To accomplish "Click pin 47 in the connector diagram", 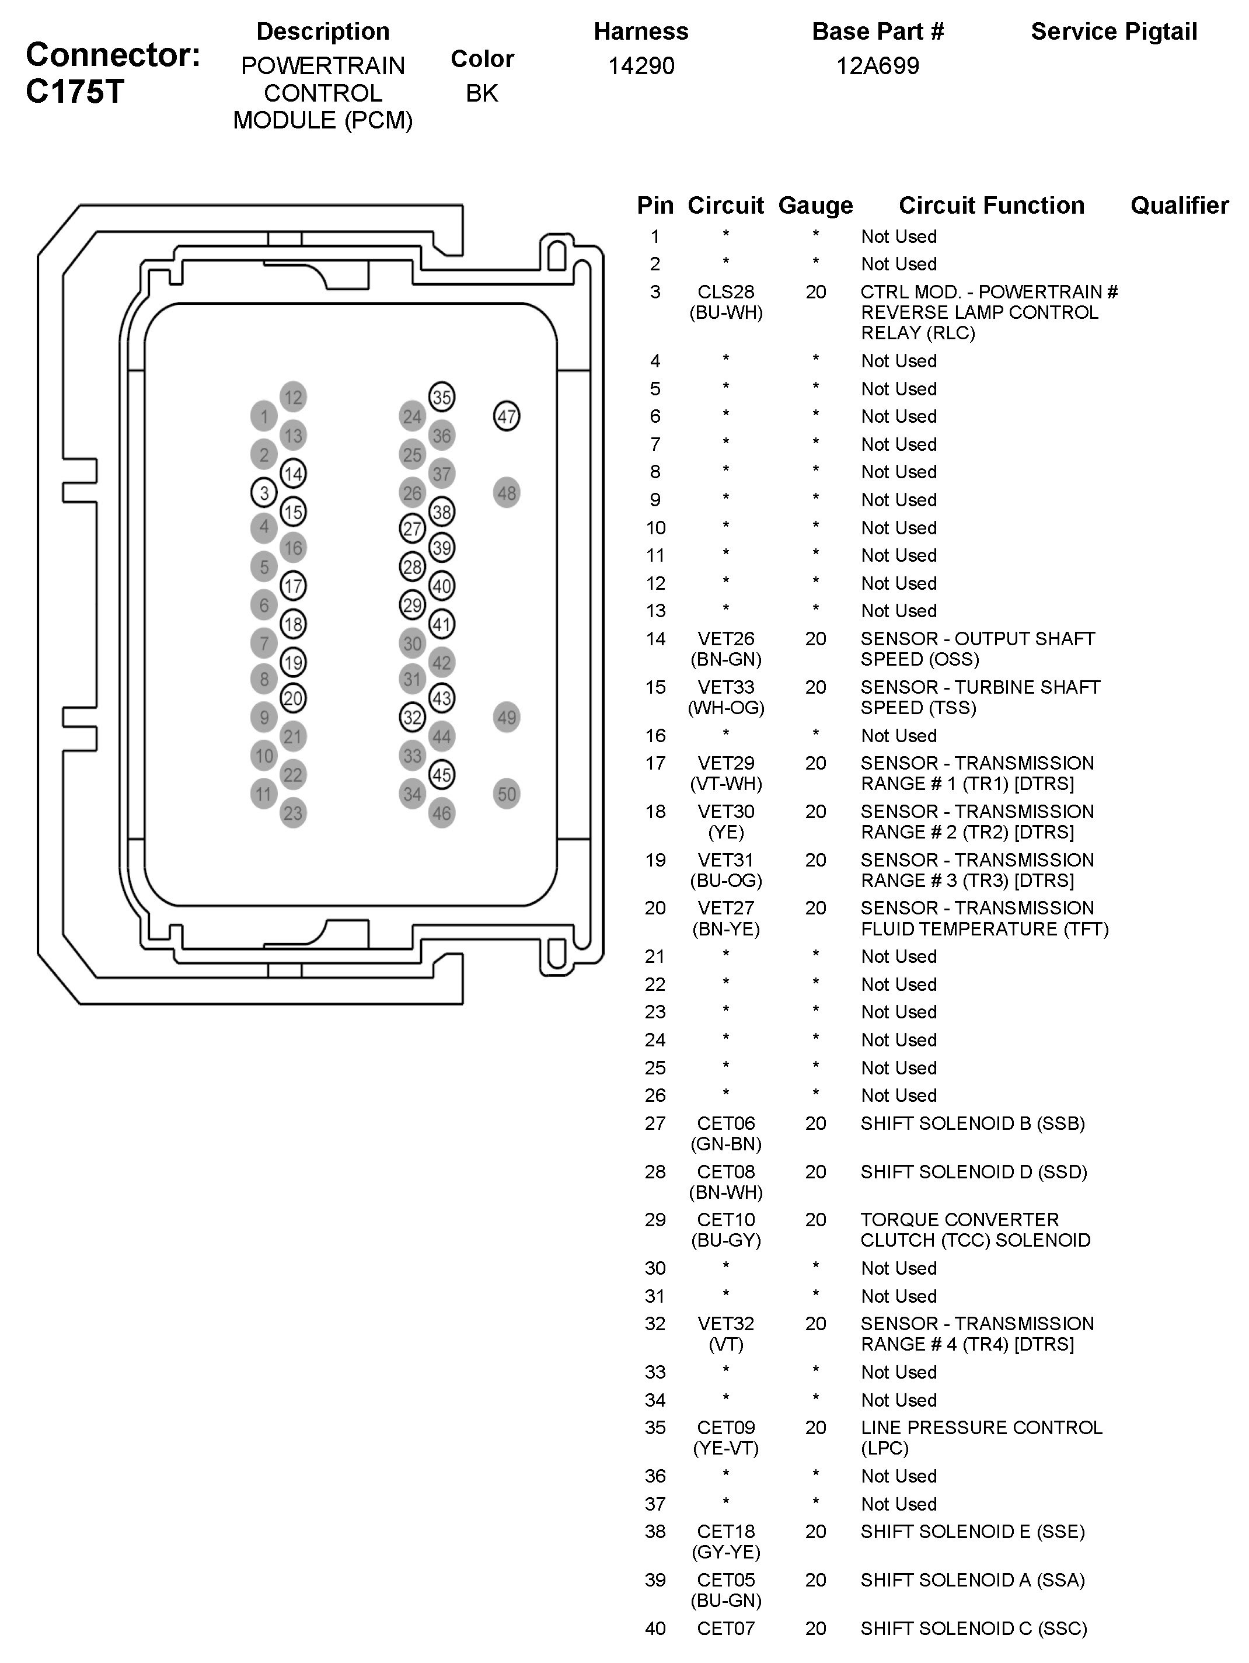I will click(x=507, y=416).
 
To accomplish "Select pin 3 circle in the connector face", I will click(x=264, y=493).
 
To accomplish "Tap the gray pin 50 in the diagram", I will click(x=507, y=794).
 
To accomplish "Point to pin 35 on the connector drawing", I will click(x=442, y=397).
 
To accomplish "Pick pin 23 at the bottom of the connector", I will click(x=293, y=813).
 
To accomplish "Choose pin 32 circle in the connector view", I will click(x=413, y=717).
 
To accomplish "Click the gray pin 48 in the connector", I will click(x=507, y=493).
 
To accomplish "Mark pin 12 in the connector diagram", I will click(x=293, y=397).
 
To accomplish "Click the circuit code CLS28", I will click(x=726, y=292).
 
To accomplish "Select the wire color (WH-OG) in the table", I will click(x=726, y=708).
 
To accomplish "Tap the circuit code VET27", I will click(x=726, y=908).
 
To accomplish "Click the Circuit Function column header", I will click(x=991, y=205).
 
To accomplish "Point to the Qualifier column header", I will click(x=1179, y=205).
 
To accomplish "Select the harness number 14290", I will click(x=641, y=66).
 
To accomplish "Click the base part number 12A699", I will click(x=878, y=66).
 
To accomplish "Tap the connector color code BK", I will click(x=482, y=93).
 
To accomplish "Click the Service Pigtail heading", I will click(x=1114, y=32).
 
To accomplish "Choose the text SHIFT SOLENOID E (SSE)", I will click(x=972, y=1532).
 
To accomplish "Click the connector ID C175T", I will click(x=74, y=92).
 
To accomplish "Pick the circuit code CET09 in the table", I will click(x=726, y=1428).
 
